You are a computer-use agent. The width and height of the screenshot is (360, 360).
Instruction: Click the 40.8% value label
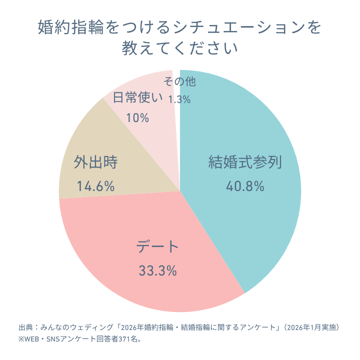tap(245, 186)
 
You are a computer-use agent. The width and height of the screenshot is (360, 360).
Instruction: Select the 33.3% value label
tap(157, 270)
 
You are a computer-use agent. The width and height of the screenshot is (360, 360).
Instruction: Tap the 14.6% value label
tap(95, 186)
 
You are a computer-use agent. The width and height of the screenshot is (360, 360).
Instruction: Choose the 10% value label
tap(137, 118)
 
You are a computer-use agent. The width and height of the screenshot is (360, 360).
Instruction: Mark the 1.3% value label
tap(179, 99)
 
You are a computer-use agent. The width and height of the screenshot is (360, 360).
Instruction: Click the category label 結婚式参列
tap(245, 162)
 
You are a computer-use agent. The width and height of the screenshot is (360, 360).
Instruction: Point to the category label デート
tap(157, 246)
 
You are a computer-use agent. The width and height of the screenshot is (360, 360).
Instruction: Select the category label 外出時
tap(95, 162)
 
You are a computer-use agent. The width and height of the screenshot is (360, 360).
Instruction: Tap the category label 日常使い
tap(137, 97)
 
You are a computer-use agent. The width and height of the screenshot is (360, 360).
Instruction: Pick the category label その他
tap(179, 81)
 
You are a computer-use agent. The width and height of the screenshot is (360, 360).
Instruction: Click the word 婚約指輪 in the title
tap(71, 27)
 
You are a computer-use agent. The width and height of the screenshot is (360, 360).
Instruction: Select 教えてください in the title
tap(180, 48)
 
